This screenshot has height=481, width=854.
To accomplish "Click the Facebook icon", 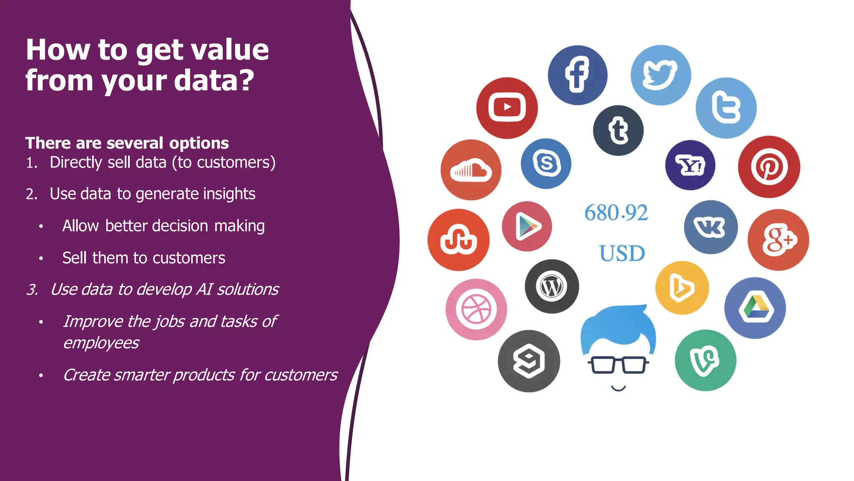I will pos(578,75).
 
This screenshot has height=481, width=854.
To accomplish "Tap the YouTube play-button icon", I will pos(507,108).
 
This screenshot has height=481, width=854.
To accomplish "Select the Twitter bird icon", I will pos(661,75).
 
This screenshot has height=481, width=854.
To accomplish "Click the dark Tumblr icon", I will pos(618,130).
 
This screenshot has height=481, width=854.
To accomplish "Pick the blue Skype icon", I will pos(546,163).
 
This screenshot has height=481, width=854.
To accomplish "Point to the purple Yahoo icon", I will pos(690,165).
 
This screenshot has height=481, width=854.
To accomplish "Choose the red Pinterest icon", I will pos(769,167).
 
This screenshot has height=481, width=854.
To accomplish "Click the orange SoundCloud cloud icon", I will pos(471,170).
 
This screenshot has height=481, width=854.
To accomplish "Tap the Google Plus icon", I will pos(778,240).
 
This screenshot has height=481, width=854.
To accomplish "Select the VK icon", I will pos(711,227).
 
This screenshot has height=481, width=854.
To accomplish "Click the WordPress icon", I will pos(552,286).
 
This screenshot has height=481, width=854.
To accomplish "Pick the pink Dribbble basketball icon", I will pos(476,309).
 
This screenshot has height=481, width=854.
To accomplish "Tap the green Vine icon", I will pos(705,360).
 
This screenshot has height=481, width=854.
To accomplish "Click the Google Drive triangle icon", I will pos(755,308).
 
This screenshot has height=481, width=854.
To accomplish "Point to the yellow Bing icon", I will pos(682,288).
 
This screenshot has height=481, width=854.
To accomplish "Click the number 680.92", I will pos(616,213).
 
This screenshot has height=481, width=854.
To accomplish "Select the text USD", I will pos(622,253).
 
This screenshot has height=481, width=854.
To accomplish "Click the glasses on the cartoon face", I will pos(618,365).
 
